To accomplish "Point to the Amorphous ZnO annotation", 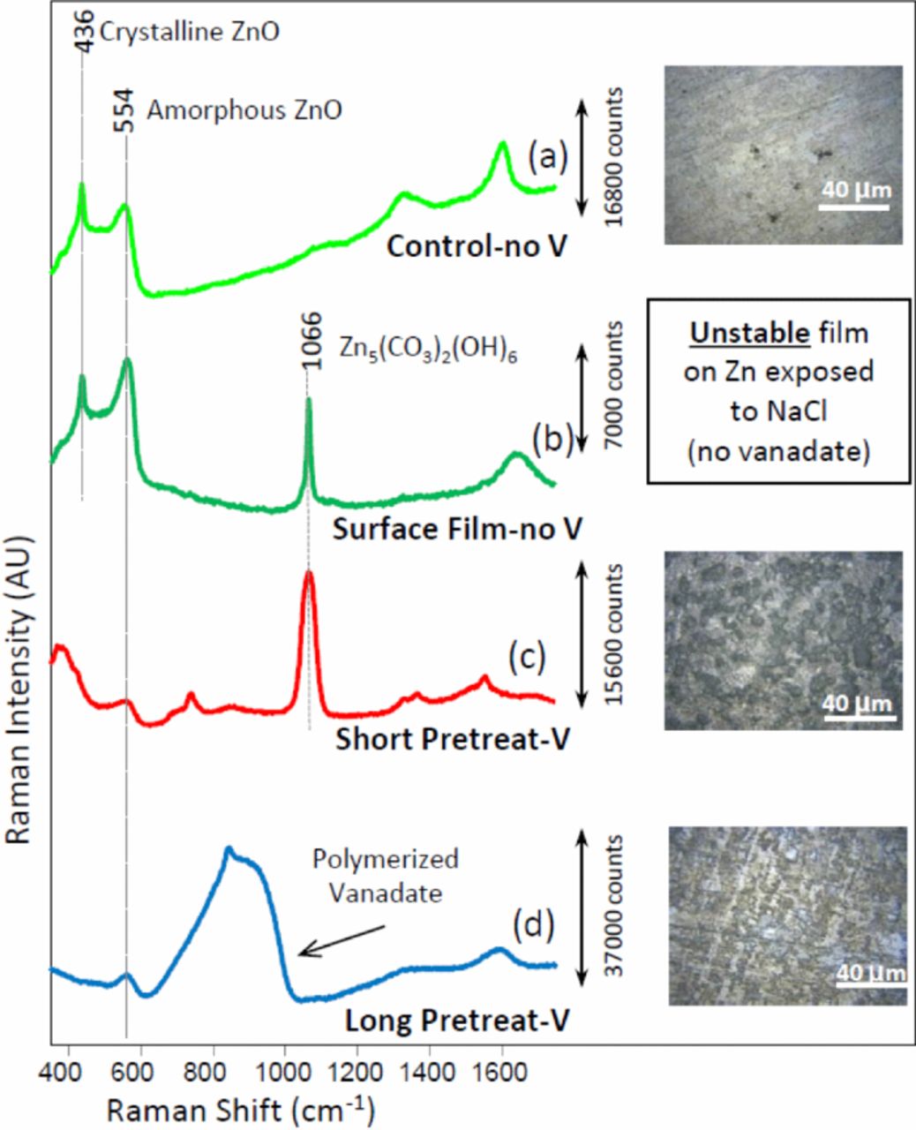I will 244,110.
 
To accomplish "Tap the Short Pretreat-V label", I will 452,739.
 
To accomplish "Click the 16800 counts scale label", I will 615,155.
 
